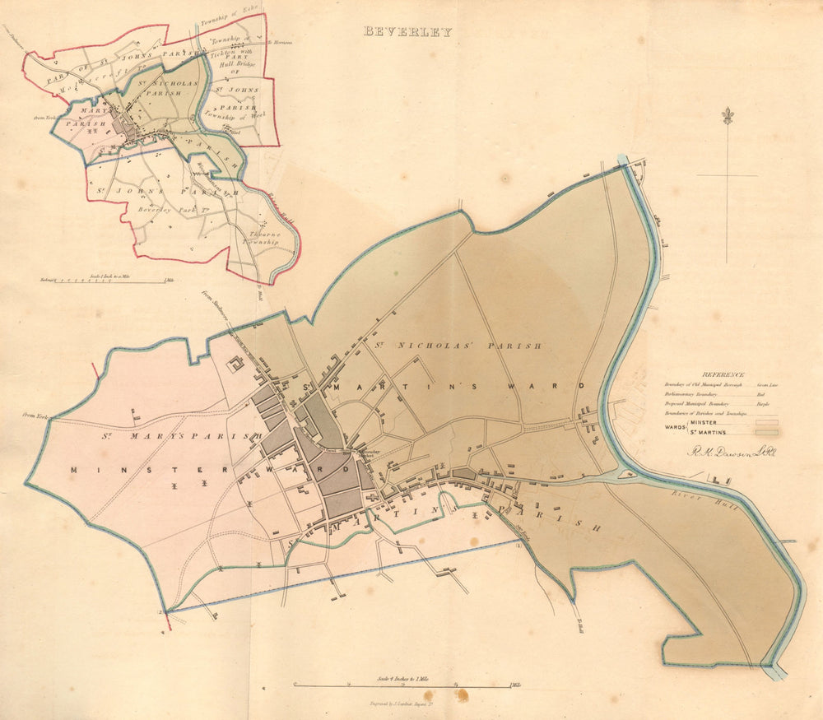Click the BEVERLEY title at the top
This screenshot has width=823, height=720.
click(408, 32)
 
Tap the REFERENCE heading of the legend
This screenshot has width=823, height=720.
click(724, 374)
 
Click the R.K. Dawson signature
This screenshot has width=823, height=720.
click(728, 452)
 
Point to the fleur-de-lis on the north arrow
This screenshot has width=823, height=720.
click(727, 116)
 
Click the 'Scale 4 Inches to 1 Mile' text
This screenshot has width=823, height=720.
click(408, 678)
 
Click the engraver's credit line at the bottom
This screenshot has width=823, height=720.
click(409, 704)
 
